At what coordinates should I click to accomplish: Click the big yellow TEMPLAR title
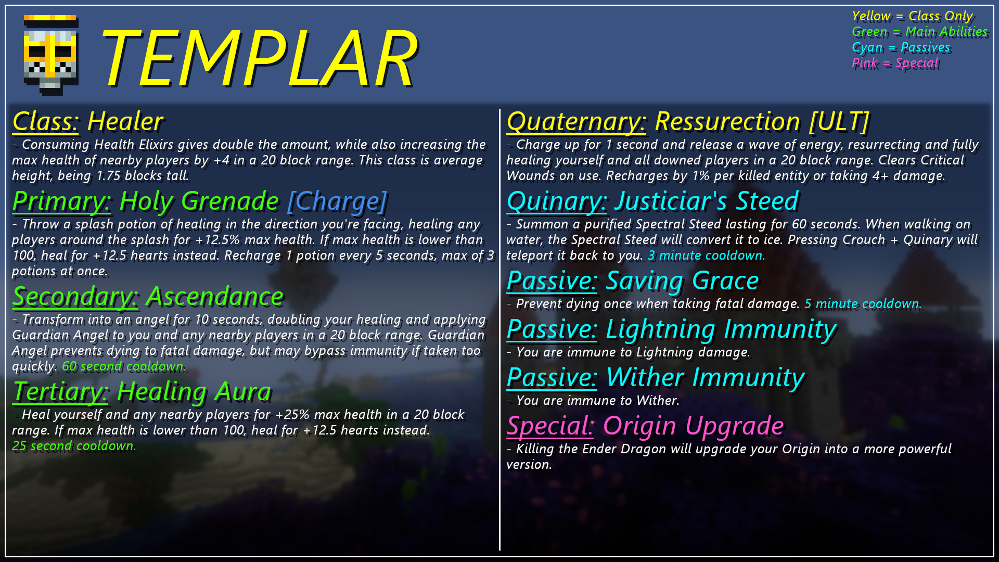click(x=259, y=57)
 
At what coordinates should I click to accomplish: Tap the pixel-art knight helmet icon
click(x=51, y=55)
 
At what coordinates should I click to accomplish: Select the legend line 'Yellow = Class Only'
click(x=912, y=17)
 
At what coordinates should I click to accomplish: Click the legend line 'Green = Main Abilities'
click(x=919, y=32)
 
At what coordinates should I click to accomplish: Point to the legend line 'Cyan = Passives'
click(x=901, y=48)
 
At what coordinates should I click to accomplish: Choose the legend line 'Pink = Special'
click(x=895, y=63)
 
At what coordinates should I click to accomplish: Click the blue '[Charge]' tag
click(x=337, y=201)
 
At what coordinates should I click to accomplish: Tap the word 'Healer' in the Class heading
click(x=125, y=122)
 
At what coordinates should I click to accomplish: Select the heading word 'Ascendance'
click(x=215, y=297)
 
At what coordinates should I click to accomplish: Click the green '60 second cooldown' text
click(x=123, y=366)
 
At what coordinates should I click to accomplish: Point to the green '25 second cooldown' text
click(x=73, y=446)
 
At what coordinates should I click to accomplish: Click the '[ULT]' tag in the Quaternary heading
click(x=839, y=122)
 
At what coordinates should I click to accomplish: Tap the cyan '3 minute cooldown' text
click(x=706, y=256)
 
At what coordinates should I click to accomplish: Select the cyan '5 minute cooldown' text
click(x=862, y=304)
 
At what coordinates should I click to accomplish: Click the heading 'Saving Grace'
click(x=683, y=281)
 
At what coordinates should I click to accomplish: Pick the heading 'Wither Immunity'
click(x=706, y=378)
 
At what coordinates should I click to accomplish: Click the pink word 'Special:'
click(x=550, y=426)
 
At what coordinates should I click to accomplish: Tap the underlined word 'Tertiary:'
click(x=60, y=392)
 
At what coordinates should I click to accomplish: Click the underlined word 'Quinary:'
click(x=557, y=201)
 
